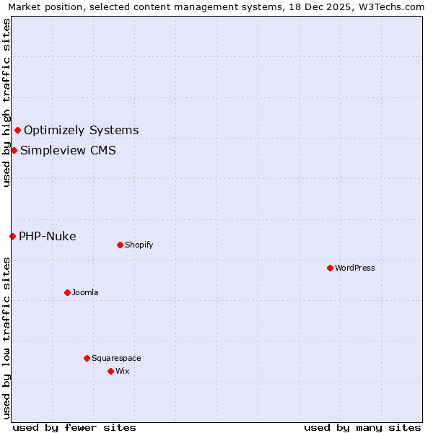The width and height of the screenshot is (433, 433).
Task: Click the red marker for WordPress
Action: pyautogui.click(x=330, y=268)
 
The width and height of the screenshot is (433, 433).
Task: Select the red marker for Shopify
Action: pyautogui.click(x=120, y=245)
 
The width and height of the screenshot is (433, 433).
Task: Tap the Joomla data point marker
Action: pyautogui.click(x=67, y=292)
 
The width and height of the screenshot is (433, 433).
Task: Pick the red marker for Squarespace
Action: pyautogui.click(x=87, y=358)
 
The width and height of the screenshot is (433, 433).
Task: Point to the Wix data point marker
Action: pyautogui.click(x=110, y=371)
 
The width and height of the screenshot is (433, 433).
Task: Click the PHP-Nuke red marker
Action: pyautogui.click(x=12, y=236)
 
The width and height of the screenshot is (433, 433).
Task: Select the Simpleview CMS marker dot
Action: pyautogui.click(x=14, y=150)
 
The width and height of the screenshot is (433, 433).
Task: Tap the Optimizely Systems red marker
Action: pyautogui.click(x=17, y=130)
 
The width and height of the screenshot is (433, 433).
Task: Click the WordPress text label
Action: pyautogui.click(x=355, y=268)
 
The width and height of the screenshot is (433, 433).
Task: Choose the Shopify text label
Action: pyautogui.click(x=139, y=245)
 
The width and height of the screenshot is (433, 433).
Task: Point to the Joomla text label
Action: pyautogui.click(x=85, y=292)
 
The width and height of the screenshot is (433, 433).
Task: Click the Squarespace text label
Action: pyautogui.click(x=116, y=358)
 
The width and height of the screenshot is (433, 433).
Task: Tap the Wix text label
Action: pyautogui.click(x=123, y=371)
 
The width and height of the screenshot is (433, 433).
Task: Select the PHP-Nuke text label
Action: pyautogui.click(x=48, y=236)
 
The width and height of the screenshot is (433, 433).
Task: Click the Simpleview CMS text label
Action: pyautogui.click(x=68, y=150)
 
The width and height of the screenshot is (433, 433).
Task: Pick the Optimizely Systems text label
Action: pyautogui.click(x=82, y=130)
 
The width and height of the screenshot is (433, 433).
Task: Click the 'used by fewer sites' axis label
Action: pyautogui.click(x=74, y=427)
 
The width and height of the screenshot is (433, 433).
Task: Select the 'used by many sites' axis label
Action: pyautogui.click(x=362, y=427)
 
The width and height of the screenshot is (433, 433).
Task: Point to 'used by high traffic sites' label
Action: pyautogui.click(x=6, y=102)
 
